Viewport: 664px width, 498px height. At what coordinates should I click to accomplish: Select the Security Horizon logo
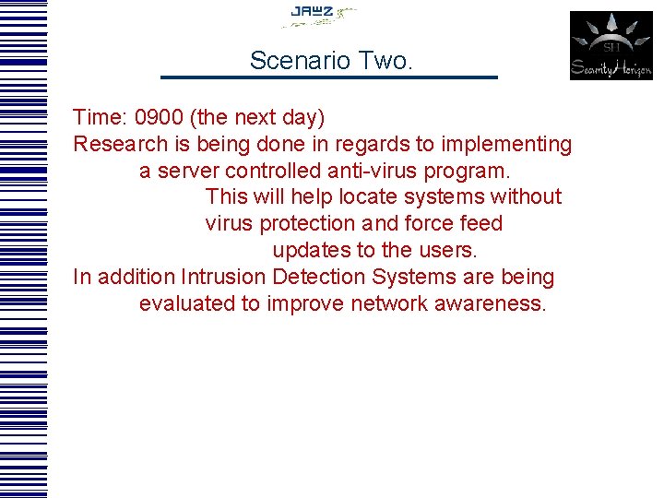click(x=611, y=45)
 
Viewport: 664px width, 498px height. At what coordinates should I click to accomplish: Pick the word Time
click(x=99, y=118)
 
